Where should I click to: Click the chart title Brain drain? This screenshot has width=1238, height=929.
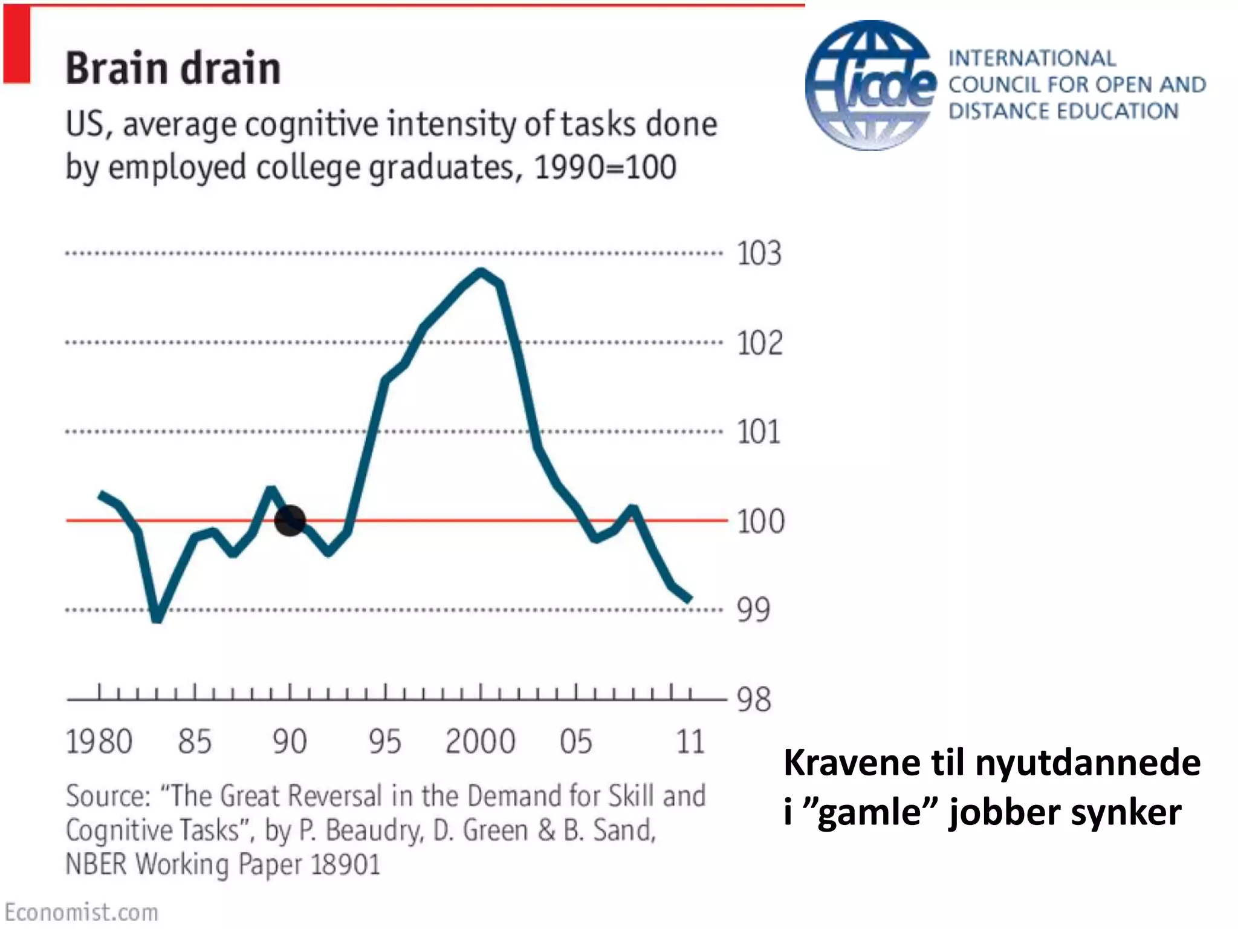(x=173, y=68)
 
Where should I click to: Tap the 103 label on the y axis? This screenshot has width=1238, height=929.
(x=759, y=253)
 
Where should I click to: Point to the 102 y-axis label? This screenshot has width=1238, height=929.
(x=759, y=343)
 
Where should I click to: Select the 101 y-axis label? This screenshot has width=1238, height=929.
(x=759, y=432)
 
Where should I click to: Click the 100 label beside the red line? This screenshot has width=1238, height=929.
(x=760, y=521)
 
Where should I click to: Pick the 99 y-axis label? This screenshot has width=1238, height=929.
(x=753, y=610)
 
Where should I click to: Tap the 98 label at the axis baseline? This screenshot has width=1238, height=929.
(x=754, y=700)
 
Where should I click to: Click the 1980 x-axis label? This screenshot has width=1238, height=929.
(x=99, y=742)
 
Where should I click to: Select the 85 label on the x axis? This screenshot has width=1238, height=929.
(x=195, y=742)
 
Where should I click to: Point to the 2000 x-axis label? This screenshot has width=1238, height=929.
(x=480, y=742)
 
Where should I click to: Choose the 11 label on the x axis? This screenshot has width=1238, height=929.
(x=690, y=742)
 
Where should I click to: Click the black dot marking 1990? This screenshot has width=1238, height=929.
(x=290, y=520)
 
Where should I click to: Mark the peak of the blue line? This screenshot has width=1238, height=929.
(x=481, y=272)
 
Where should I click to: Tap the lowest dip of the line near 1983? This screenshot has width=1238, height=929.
(x=157, y=618)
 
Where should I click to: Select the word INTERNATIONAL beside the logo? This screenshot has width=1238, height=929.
(x=1032, y=59)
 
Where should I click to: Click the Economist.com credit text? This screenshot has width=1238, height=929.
(x=81, y=912)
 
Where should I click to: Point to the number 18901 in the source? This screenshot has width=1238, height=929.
(x=345, y=864)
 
